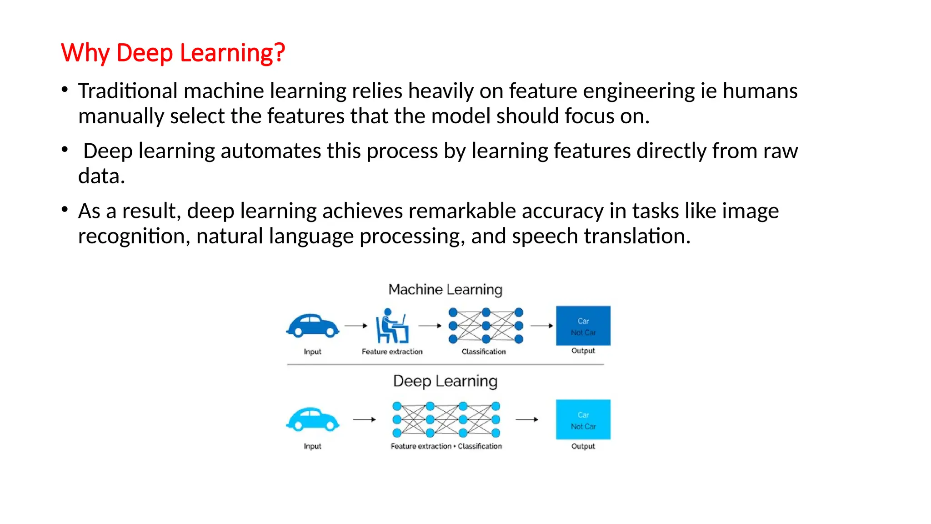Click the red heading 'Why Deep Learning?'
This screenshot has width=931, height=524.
[x=173, y=53]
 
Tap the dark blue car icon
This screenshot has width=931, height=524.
[x=313, y=326]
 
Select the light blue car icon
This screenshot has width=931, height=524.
[x=313, y=419]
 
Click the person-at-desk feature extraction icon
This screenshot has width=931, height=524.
[x=392, y=326]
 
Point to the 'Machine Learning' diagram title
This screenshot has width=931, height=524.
[x=445, y=290]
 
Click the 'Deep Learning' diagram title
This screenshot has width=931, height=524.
[x=445, y=381]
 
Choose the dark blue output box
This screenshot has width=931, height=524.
[x=583, y=326]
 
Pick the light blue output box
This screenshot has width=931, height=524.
[x=583, y=419]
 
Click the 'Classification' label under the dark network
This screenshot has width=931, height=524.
[x=484, y=352]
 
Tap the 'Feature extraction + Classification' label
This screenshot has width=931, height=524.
[x=446, y=446]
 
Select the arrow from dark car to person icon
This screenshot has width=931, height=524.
[x=356, y=326]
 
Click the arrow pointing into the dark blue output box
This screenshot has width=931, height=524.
[x=542, y=326]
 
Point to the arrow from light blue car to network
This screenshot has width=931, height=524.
[x=365, y=419]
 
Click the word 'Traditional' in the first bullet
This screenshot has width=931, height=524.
[x=128, y=91]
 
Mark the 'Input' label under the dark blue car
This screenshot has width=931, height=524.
[x=312, y=352]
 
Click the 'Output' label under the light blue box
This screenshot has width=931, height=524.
[x=583, y=446]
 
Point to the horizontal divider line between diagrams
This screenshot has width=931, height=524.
[x=445, y=364]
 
